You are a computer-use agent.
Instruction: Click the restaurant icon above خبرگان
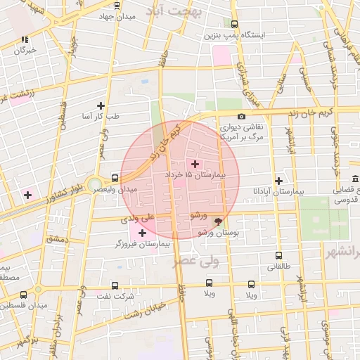pyautogui.click(x=25, y=40)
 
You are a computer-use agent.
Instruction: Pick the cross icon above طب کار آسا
pyautogui.click(x=101, y=105)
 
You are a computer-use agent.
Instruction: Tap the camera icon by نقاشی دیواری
pyautogui.click(x=242, y=116)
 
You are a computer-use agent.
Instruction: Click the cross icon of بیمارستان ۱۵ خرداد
pyautogui.click(x=195, y=164)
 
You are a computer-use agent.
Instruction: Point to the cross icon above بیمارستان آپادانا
pyautogui.click(x=279, y=181)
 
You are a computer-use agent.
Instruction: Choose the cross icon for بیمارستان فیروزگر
pyautogui.click(x=143, y=232)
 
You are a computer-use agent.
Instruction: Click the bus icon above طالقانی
pyautogui.click(x=279, y=256)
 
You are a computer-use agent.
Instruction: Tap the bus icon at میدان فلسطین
pyautogui.click(x=24, y=295)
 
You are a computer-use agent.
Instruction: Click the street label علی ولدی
pyautogui.click(x=136, y=219)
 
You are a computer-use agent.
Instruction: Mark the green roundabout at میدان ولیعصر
pyautogui.click(x=95, y=185)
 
